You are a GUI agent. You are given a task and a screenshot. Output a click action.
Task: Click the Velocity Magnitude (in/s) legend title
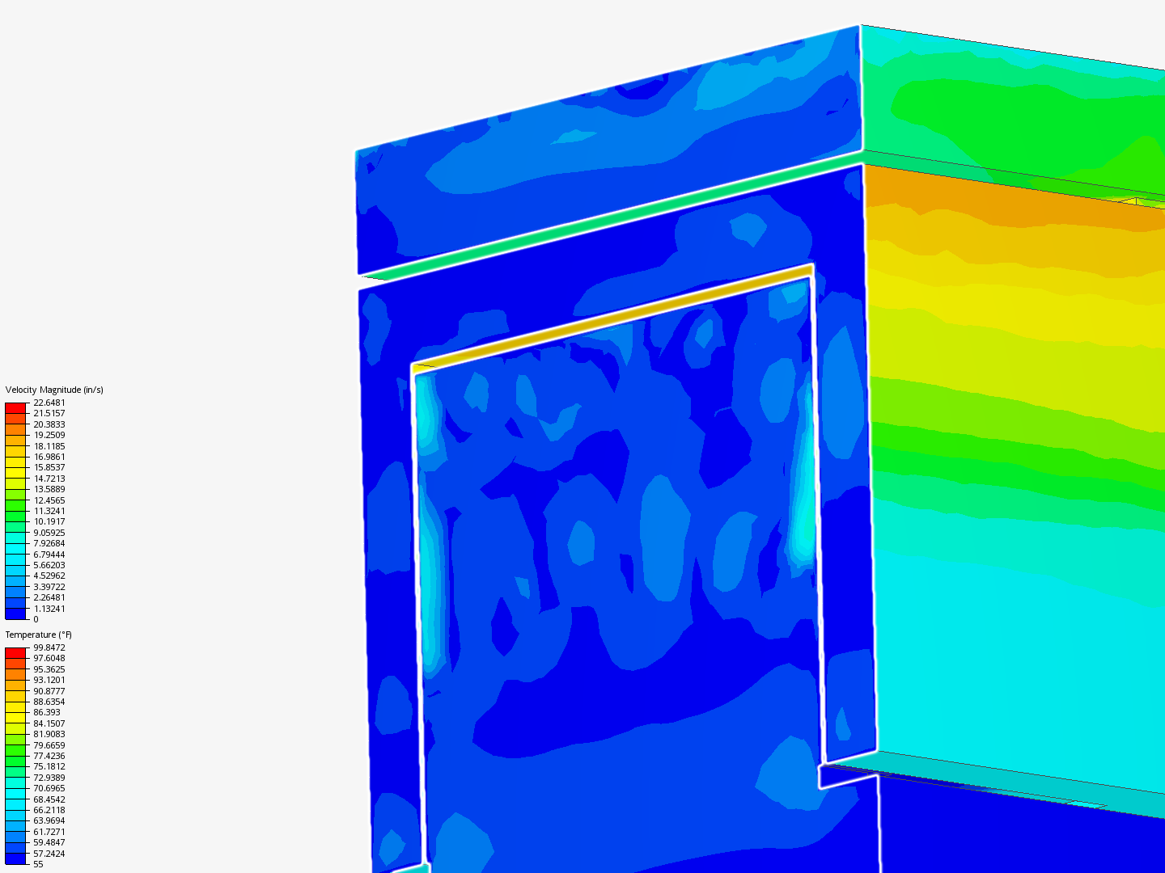click(x=54, y=390)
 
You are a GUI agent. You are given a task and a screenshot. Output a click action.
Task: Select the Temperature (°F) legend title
click(x=38, y=635)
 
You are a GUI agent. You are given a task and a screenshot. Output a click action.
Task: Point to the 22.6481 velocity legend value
click(x=49, y=403)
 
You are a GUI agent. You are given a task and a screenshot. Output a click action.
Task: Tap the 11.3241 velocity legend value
click(x=49, y=511)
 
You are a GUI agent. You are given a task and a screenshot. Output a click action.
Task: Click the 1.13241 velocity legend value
click(x=49, y=609)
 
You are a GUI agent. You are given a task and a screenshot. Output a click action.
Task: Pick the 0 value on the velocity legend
click(x=36, y=620)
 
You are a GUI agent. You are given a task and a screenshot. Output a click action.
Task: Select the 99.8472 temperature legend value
click(x=49, y=647)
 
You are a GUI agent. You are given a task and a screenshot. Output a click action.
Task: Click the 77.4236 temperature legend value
click(x=49, y=756)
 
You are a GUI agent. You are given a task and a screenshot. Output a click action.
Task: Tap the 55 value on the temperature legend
click(x=38, y=865)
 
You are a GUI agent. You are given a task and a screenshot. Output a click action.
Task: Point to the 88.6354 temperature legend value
click(x=49, y=702)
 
